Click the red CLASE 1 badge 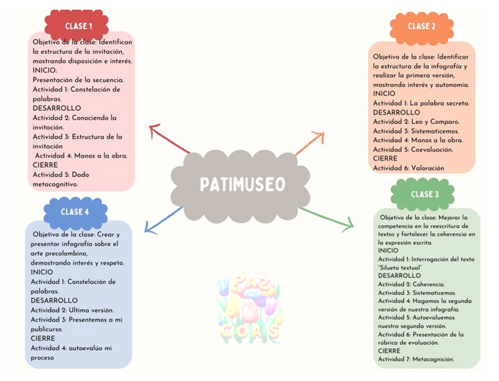[77, 26]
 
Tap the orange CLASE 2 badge [421, 27]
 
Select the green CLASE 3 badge [424, 195]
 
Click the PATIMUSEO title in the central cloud [242, 185]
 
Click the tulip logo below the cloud [247, 311]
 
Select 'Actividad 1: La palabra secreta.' [421, 103]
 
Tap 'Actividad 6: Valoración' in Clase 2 [408, 167]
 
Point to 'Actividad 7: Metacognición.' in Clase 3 [416, 359]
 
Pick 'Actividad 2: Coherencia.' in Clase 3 [411, 284]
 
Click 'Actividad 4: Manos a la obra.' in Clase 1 [82, 156]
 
